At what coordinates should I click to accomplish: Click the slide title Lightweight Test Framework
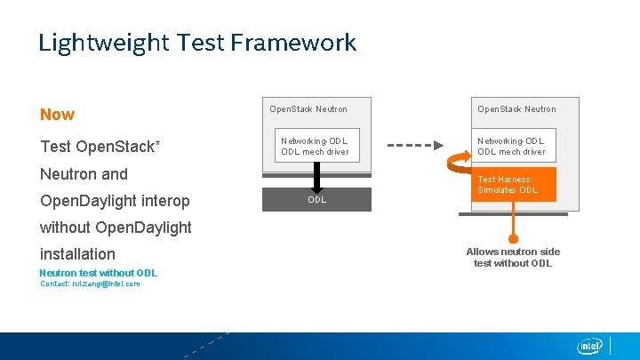[x=196, y=43]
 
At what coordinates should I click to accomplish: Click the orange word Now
[x=57, y=115]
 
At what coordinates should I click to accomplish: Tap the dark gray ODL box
[x=316, y=199]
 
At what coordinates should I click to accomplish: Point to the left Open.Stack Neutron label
[x=308, y=109]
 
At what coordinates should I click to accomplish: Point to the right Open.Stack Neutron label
[x=516, y=109]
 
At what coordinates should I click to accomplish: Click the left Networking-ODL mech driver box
[x=316, y=146]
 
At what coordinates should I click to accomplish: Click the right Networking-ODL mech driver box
[x=512, y=146]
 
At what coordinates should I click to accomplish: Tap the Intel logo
[x=590, y=346]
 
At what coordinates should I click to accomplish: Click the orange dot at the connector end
[x=513, y=237]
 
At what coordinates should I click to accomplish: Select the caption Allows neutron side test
[x=513, y=257]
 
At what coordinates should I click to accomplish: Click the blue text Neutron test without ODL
[x=98, y=273]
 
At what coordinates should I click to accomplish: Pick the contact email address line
[x=90, y=284]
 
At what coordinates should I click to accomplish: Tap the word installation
[x=77, y=254]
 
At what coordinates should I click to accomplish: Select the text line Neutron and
[x=84, y=174]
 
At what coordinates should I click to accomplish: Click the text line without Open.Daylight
[x=116, y=228]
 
